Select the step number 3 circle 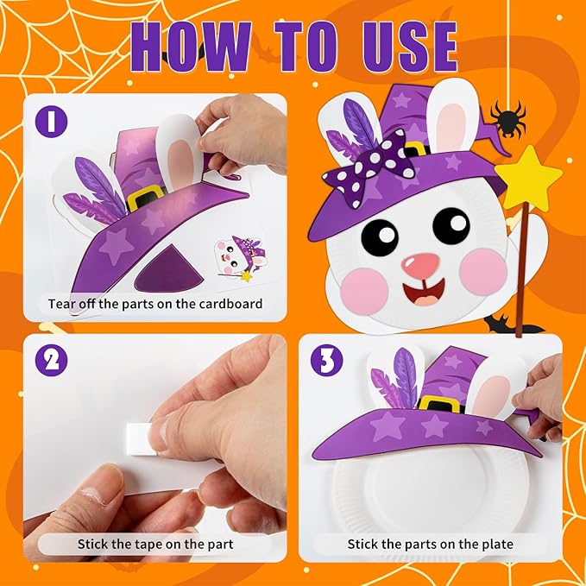(x=325, y=360)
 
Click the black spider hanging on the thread (x=507, y=119)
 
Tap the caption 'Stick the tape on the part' (x=155, y=544)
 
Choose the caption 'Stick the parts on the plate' (x=430, y=544)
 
